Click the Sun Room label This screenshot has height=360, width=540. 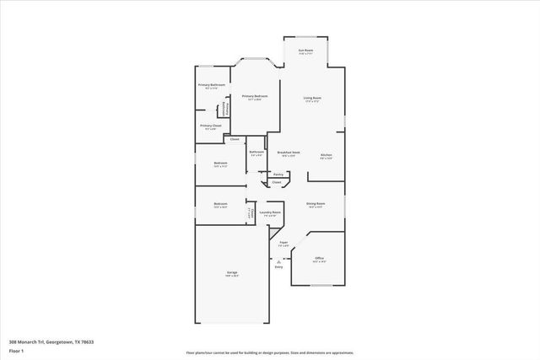pyautogui.click(x=305, y=51)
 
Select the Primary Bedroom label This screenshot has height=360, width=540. pyautogui.click(x=255, y=96)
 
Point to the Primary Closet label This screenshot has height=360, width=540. pyautogui.click(x=211, y=126)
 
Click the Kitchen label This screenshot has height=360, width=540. pyautogui.click(x=327, y=155)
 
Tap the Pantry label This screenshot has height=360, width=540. pyautogui.click(x=278, y=175)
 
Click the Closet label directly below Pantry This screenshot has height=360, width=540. pyautogui.click(x=276, y=182)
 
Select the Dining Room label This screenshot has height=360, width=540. pyautogui.click(x=316, y=203)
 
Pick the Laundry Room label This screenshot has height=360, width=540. pyautogui.click(x=272, y=212)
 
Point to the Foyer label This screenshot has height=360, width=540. pyautogui.click(x=284, y=243)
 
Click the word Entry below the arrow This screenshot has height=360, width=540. pyautogui.click(x=278, y=267)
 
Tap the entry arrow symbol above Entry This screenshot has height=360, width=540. pyautogui.click(x=278, y=261)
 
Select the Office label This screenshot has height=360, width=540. pyautogui.click(x=319, y=258)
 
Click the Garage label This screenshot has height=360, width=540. pyautogui.click(x=231, y=272)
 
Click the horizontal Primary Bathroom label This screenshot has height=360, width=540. pyautogui.click(x=212, y=85)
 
